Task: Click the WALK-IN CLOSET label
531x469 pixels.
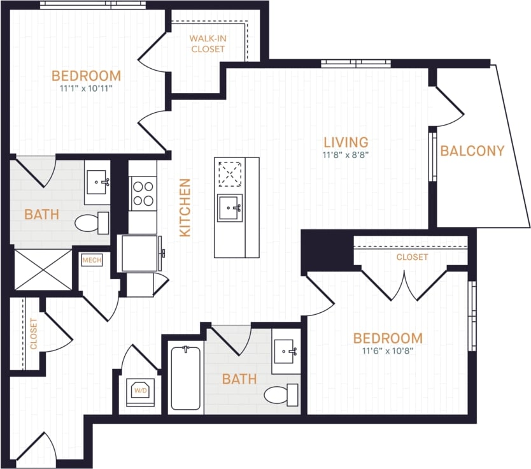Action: pos(208,43)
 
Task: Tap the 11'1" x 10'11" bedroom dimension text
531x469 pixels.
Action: pos(86,89)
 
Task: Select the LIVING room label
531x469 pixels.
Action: pos(346,141)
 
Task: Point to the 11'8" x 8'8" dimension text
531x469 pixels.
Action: pos(346,155)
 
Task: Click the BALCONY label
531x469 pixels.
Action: pos(472,151)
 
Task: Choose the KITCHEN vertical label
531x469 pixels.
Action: pos(185,208)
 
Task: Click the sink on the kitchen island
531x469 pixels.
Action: pos(229,208)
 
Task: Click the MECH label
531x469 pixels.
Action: pos(91,260)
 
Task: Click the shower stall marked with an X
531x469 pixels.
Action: pos(43,269)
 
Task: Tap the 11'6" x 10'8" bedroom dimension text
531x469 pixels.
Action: pos(388,350)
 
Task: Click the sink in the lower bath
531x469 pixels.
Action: pos(286,351)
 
